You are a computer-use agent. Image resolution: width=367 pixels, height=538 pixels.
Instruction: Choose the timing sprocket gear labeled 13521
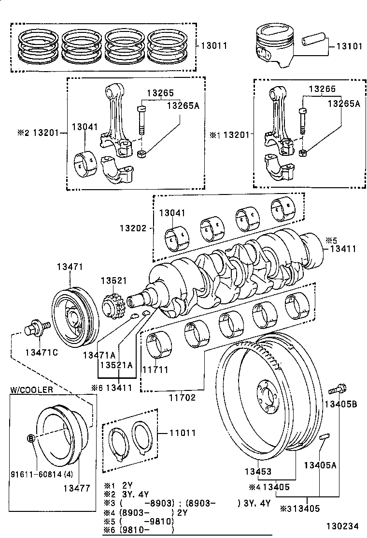pos(113,307)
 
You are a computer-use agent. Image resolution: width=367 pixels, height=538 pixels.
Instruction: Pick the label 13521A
pos(115,365)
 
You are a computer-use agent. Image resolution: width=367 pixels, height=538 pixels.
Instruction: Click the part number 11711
pos(155,370)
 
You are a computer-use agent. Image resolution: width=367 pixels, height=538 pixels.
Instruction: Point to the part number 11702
pos(182,398)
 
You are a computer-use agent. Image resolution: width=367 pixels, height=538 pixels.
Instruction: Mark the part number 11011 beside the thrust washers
pos(183,433)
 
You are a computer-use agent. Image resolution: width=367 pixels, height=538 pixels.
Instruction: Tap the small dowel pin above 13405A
pos(324,437)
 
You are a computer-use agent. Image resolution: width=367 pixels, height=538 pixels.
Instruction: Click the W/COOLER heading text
pos(31,389)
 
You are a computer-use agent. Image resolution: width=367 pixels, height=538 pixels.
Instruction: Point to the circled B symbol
pos(30,439)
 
